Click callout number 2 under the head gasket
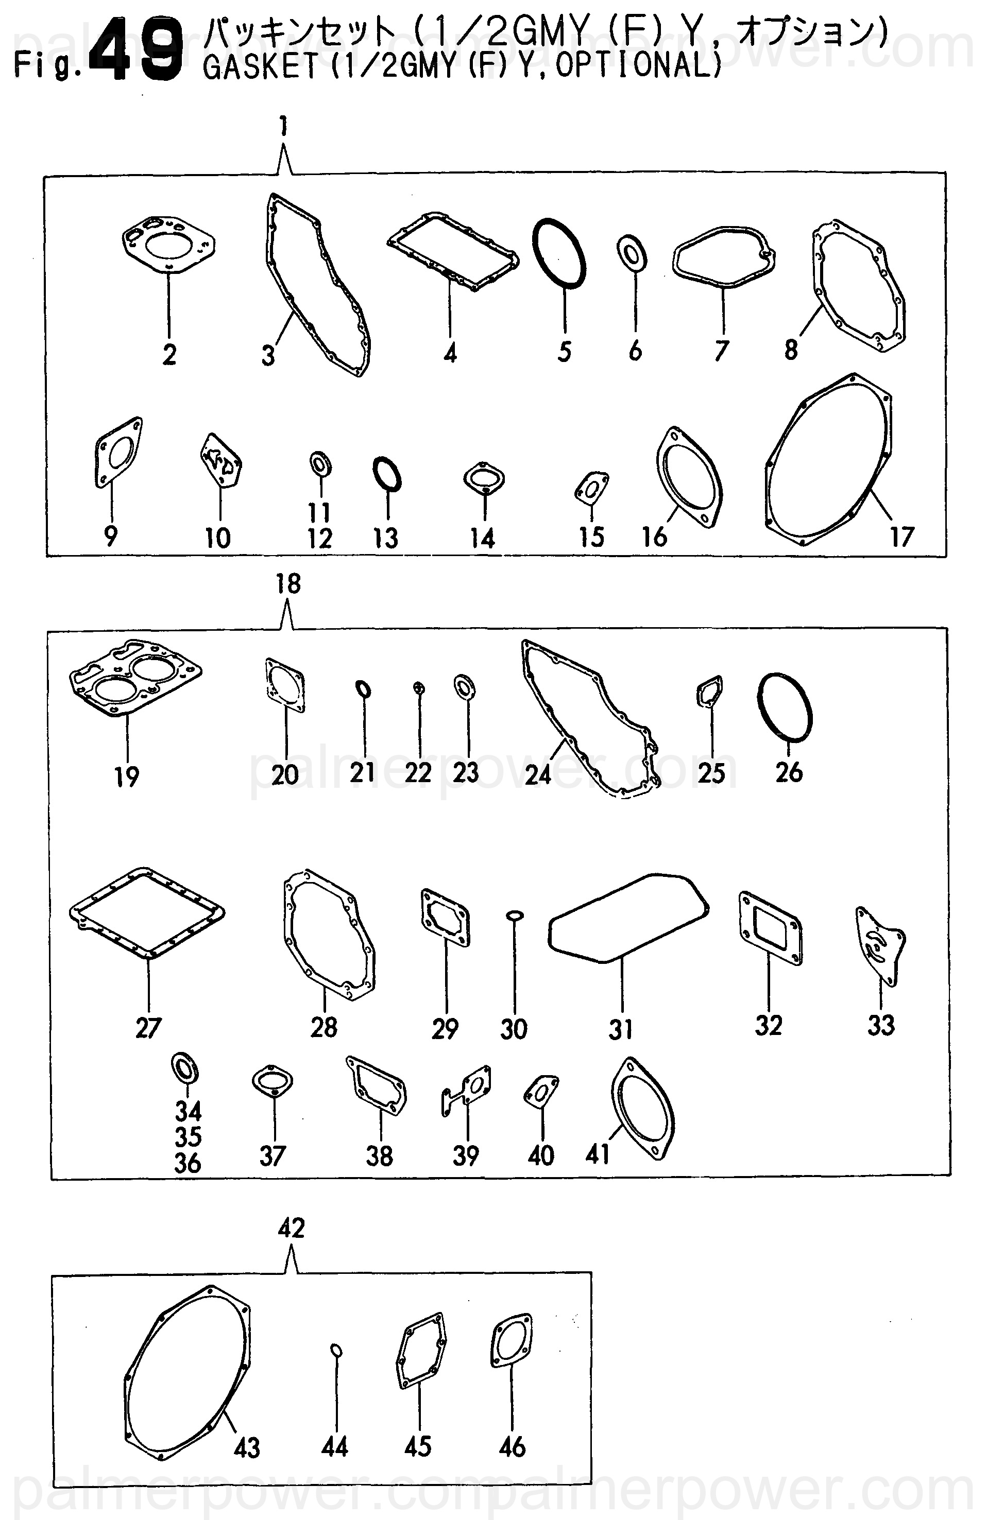pos(169,354)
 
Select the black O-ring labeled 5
pos(559,253)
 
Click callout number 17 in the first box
pos(901,537)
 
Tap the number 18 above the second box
pos(288,584)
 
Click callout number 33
pos(881,1026)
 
